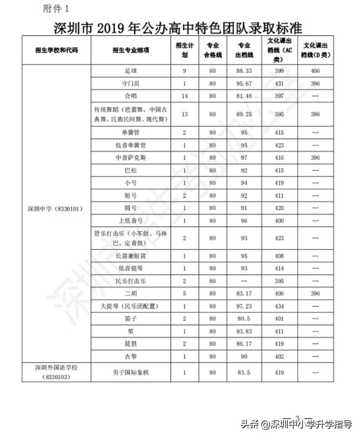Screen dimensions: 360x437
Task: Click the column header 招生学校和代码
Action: (57, 50)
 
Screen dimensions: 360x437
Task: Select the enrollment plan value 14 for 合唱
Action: (184, 96)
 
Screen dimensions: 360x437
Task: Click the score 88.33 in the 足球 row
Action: (244, 71)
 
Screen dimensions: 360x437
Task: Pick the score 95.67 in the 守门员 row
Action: (244, 83)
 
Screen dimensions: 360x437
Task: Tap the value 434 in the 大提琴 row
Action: (279, 306)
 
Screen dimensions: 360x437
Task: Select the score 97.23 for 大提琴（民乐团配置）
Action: (244, 306)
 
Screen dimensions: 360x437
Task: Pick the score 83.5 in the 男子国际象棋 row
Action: (244, 373)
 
